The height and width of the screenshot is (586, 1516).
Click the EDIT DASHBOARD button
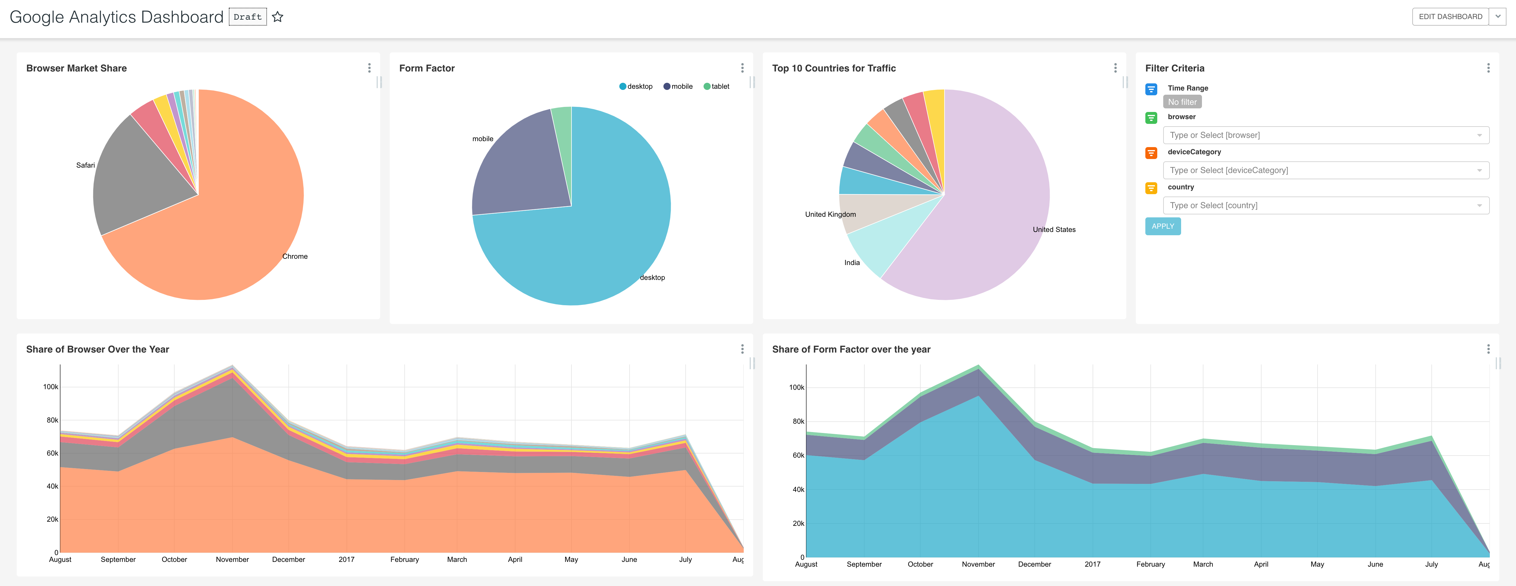pos(1450,16)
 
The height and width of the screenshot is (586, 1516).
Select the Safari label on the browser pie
pos(85,165)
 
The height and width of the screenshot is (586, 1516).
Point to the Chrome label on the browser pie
pos(295,256)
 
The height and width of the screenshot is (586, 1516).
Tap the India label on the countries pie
pos(852,263)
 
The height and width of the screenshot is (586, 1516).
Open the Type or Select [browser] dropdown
pos(1325,135)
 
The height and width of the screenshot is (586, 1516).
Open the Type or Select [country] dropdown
pos(1325,205)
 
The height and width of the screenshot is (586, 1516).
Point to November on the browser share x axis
pos(232,559)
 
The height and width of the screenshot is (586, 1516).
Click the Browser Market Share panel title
pos(77,68)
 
